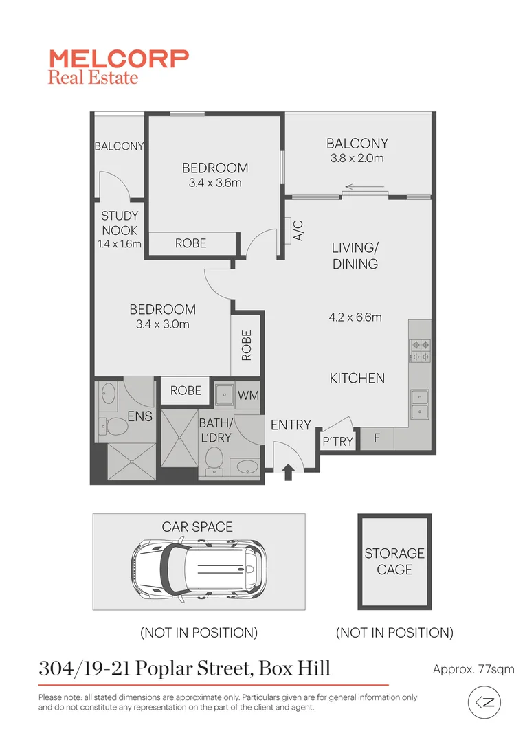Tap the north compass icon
coord(484,703)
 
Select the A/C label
coord(298,230)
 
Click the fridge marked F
coord(377,438)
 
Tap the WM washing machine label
coord(247,396)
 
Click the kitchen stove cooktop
coord(420,350)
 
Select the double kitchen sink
coord(419,404)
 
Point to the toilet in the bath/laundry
coord(215,459)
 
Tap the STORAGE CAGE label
coord(394,561)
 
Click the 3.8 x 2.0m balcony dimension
coord(357,159)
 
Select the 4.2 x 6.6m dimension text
coord(355,317)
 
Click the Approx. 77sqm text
coord(473,668)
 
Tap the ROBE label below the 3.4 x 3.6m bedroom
coord(190,243)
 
